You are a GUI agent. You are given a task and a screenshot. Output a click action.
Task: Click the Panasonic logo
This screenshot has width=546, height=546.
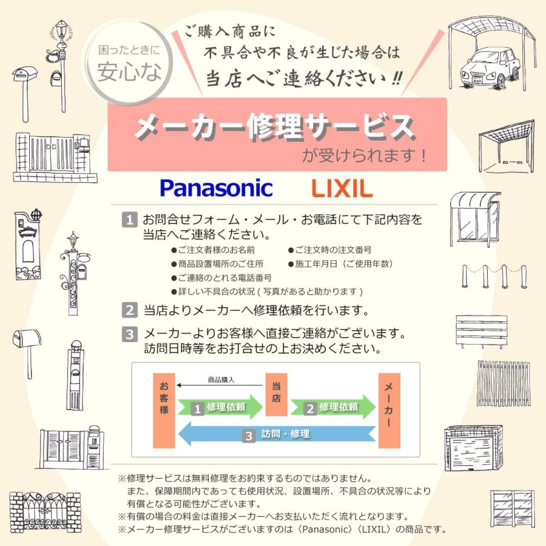pos(216,188)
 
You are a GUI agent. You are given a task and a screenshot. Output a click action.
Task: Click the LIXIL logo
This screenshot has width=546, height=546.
pos(342,189)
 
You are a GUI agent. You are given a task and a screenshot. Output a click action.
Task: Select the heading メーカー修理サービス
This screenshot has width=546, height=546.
pos(274,127)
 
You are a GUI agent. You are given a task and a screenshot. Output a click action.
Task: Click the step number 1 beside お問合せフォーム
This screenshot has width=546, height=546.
pos(130,218)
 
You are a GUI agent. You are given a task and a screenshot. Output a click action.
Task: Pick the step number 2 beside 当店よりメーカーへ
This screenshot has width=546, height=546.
pos(130,311)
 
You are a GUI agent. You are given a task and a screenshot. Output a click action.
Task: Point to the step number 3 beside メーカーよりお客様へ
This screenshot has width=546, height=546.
pos(130,334)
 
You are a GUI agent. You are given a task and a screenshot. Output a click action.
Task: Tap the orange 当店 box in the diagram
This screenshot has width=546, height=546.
pos(276,395)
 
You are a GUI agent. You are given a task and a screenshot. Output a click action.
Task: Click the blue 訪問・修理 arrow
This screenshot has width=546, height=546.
pos(277,434)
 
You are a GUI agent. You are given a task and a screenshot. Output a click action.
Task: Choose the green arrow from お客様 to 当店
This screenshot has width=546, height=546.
pos(220,408)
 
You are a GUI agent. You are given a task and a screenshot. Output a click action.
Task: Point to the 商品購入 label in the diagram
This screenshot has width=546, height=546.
pos(221,380)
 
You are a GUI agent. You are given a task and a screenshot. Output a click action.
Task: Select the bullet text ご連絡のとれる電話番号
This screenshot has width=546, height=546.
pos(221,277)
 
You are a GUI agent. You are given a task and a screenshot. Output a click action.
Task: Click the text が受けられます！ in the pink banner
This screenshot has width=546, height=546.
pos(364,155)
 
